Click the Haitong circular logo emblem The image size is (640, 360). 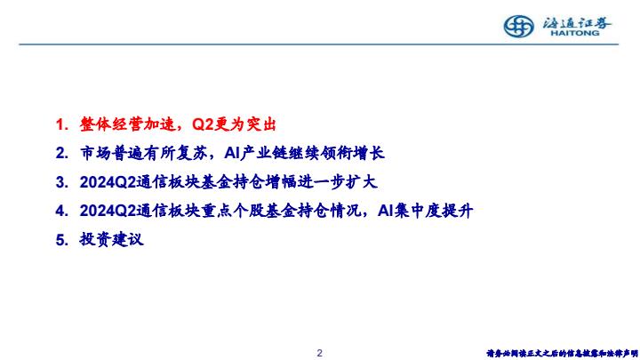click(x=518, y=27)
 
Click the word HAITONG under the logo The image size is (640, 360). click(x=575, y=33)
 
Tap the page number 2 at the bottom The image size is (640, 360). click(x=320, y=353)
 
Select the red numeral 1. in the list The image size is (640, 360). click(x=61, y=124)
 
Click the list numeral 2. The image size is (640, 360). click(x=61, y=154)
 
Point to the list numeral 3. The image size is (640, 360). click(x=61, y=182)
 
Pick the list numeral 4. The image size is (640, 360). click(x=61, y=211)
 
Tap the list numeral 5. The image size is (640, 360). click(x=61, y=240)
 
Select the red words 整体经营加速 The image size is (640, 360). click(x=127, y=124)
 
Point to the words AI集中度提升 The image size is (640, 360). click(x=425, y=211)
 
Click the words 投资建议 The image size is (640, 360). click(x=111, y=240)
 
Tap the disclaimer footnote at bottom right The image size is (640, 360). click(x=562, y=354)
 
